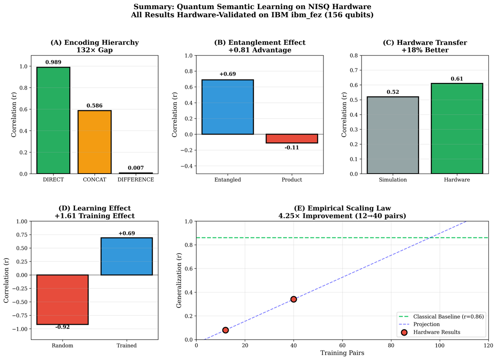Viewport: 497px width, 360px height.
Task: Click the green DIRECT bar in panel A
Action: pos(53,120)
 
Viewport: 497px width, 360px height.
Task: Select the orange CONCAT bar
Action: pos(94,142)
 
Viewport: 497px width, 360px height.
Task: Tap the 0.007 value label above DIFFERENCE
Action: pos(135,168)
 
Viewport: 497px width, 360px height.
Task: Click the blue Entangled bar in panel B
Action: pos(227,107)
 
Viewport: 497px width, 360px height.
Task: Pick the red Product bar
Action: pos(292,138)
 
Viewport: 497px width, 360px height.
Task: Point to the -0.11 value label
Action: pos(292,147)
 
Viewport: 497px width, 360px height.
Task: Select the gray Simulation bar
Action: pos(393,135)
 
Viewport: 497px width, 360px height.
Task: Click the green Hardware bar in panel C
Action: pos(457,128)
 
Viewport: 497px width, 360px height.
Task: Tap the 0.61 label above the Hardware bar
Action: pos(457,79)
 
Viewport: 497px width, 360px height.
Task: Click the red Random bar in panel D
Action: pos(62,300)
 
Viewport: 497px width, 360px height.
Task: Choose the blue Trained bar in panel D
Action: pos(127,256)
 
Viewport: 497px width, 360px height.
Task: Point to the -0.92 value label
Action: pos(62,327)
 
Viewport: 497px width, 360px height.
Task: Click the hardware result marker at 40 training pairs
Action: pos(294,299)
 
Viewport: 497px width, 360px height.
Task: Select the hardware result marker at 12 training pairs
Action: pos(225,330)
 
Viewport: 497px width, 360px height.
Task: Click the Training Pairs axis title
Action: pos(342,353)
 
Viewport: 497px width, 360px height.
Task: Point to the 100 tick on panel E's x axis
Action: pos(439,345)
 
